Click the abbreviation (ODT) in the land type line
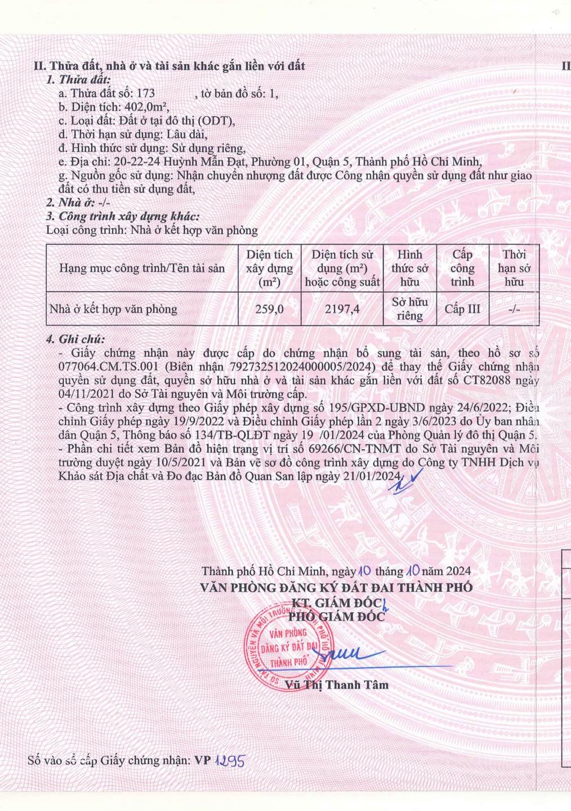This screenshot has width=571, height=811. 217,121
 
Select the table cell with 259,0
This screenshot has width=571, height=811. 269,309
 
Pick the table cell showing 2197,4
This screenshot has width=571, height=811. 342,309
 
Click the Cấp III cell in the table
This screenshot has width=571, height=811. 462,309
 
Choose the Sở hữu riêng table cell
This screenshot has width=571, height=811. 409,309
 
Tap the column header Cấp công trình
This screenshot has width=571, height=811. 462,268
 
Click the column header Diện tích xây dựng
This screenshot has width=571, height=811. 269,268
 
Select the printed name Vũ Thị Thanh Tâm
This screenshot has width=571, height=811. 337,685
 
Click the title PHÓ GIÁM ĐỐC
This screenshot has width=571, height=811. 337,616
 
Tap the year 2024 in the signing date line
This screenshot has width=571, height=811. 458,571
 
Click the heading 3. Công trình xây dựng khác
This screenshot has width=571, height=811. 122,216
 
